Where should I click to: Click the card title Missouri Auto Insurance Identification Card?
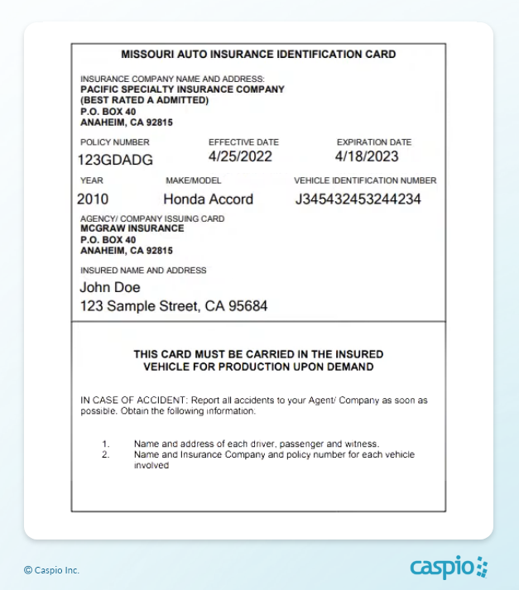point(258,55)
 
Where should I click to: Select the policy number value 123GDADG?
point(114,159)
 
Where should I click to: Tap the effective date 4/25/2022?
point(241,156)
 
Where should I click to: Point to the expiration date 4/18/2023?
point(367,156)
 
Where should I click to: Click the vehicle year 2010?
point(93,199)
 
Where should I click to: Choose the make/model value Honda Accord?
point(208,199)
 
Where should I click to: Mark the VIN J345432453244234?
point(358,199)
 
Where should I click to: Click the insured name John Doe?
point(110,288)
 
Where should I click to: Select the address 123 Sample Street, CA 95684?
point(174,306)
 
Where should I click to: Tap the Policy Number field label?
point(115,142)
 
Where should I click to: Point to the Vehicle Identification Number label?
point(365,180)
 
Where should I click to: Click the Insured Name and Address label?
point(143,271)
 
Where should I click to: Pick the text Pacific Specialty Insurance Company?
point(182,89)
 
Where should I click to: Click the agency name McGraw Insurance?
point(132,228)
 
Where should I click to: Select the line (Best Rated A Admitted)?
point(145,100)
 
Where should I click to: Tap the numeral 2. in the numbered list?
point(105,455)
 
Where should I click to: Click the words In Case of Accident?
point(118,401)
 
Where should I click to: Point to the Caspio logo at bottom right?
point(449,568)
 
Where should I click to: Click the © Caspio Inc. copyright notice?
point(51,570)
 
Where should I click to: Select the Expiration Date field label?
point(374,142)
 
